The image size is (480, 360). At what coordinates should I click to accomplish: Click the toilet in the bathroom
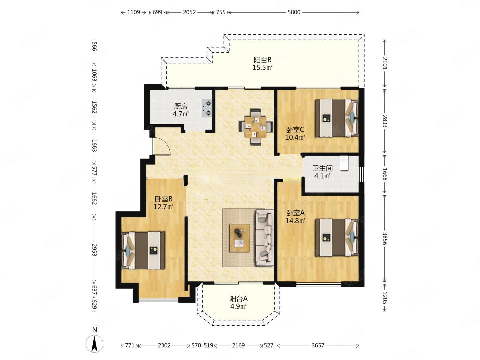[344, 163]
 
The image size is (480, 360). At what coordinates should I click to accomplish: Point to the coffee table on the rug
[239, 238]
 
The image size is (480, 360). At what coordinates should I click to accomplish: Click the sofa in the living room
[265, 238]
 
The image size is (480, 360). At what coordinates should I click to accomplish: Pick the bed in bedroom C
[337, 118]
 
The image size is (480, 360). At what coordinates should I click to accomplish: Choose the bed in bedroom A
[337, 237]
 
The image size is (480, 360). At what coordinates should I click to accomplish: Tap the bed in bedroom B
[143, 251]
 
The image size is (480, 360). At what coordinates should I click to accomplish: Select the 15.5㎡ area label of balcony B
[262, 68]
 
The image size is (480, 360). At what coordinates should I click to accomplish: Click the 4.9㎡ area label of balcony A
[238, 306]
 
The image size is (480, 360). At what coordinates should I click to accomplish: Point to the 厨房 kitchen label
[181, 106]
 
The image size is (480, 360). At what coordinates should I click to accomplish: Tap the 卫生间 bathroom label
[322, 168]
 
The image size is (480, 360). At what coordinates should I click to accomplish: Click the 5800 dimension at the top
[294, 12]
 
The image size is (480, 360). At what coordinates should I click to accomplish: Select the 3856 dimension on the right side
[385, 238]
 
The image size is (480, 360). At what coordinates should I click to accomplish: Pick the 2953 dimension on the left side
[94, 250]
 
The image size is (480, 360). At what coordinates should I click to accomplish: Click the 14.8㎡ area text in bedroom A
[295, 221]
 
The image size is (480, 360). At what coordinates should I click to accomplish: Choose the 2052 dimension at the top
[189, 12]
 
